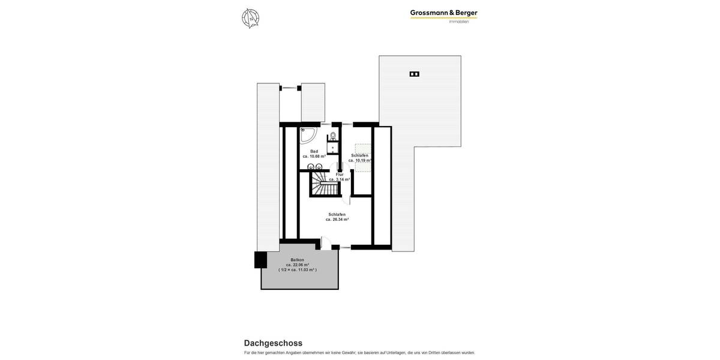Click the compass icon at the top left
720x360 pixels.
pos(250,18)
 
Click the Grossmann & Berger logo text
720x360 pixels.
pos(443,13)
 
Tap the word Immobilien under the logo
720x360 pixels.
pos(459,22)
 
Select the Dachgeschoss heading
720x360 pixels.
pos(273,343)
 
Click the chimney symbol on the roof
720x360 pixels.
pos(414,74)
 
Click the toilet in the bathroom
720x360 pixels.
pos(333,136)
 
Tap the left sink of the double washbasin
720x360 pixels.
pos(311,167)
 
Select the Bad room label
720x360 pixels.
pos(314,151)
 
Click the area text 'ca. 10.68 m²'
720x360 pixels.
pos(314,157)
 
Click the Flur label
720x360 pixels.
pos(340,174)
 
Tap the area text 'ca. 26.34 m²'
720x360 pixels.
pos(337,220)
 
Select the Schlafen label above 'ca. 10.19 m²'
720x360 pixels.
pos(360,155)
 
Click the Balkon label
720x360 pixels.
pos(297,260)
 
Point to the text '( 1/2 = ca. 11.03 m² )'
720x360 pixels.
pos(298,270)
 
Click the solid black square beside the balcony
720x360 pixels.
pos(260,260)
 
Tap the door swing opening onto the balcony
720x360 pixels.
pos(326,243)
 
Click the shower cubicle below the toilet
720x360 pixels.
pos(333,148)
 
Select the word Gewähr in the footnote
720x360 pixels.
pos(348,353)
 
